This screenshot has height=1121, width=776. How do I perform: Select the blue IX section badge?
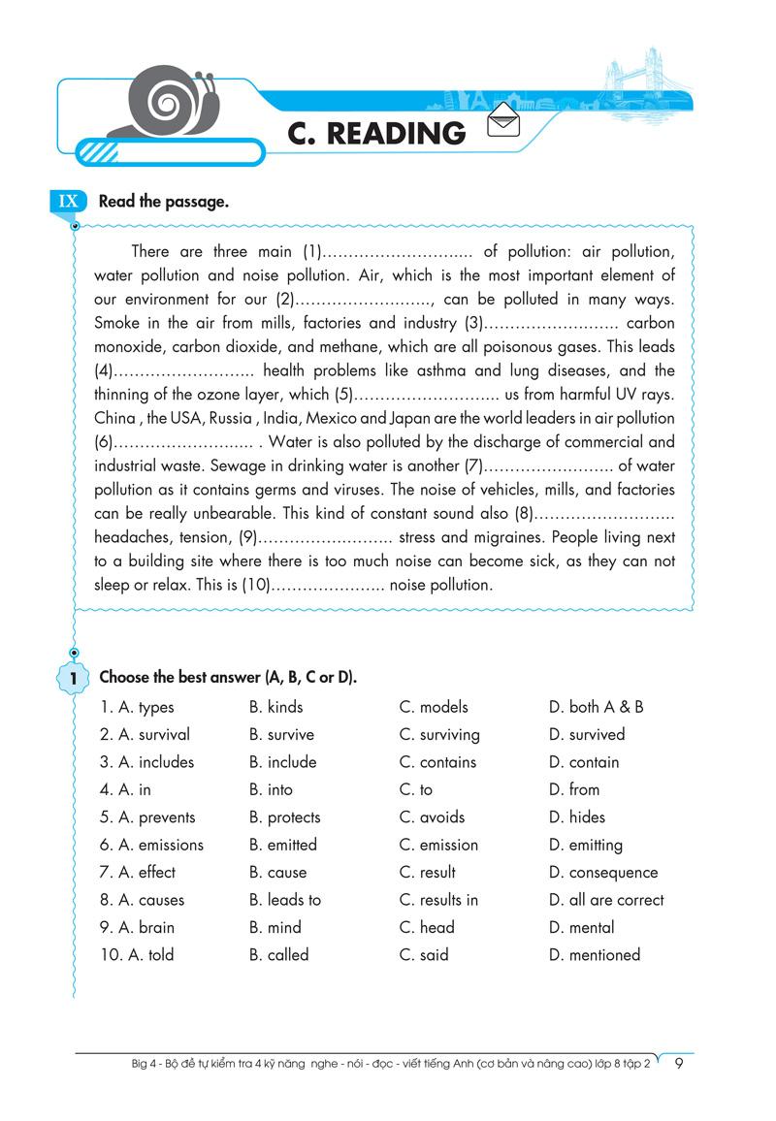tap(68, 202)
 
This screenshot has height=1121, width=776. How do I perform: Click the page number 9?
tap(679, 1064)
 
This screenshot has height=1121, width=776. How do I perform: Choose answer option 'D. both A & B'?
tap(596, 707)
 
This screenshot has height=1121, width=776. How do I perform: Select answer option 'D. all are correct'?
tap(606, 900)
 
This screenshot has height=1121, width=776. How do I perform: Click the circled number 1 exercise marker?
tap(73, 680)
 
